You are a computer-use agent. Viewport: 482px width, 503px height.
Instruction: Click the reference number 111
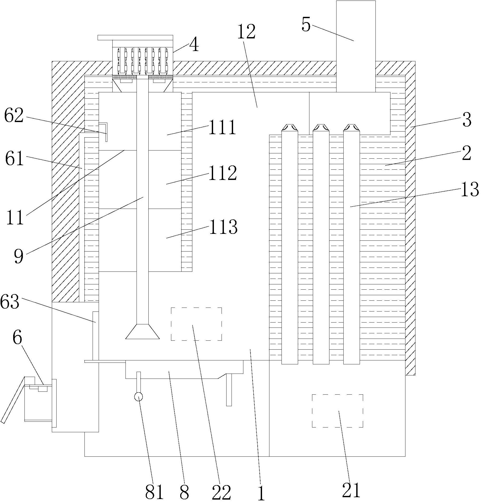click(223, 128)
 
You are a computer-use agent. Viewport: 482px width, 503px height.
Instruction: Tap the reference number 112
click(223, 173)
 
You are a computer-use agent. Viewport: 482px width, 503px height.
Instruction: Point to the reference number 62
click(14, 116)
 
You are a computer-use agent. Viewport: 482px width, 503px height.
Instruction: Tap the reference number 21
click(351, 490)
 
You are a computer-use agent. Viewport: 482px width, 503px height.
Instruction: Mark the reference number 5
click(306, 25)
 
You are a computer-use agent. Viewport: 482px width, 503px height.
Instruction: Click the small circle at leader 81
click(138, 396)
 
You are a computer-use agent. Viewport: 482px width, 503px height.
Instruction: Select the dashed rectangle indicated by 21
click(338, 410)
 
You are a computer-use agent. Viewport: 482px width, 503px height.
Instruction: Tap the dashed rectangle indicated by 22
click(196, 324)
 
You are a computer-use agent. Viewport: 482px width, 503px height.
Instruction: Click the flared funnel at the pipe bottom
click(142, 331)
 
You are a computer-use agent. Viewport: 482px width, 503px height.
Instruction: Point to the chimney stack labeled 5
click(356, 46)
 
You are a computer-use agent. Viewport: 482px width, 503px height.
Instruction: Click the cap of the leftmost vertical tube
click(290, 128)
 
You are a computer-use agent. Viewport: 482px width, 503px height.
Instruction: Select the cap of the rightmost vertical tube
click(352, 128)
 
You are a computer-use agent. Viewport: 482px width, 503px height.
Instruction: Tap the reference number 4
click(194, 44)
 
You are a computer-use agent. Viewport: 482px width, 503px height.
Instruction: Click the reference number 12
click(246, 32)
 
